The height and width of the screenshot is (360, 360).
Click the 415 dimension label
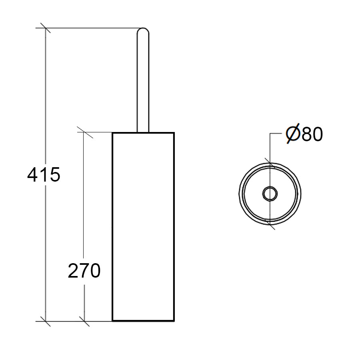point(44,175)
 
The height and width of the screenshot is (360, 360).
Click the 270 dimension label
point(84,271)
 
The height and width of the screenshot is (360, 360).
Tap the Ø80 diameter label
point(304,134)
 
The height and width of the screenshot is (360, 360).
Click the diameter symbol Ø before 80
point(292,134)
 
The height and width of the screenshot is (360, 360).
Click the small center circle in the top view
point(269,194)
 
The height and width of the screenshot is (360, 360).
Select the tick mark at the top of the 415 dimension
point(45,28)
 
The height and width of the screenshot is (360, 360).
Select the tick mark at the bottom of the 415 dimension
point(45,321)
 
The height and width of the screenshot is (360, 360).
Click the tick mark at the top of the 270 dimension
point(84,132)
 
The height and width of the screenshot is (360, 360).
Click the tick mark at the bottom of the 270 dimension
point(84,321)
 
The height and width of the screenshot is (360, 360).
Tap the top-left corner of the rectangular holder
point(112,133)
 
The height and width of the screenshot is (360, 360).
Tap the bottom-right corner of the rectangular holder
point(174,320)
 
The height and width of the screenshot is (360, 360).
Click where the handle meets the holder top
point(143,132)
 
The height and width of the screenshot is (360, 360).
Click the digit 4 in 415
point(33,175)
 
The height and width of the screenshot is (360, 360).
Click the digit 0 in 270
point(95,271)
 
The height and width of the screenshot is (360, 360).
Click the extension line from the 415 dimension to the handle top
point(92,28)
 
